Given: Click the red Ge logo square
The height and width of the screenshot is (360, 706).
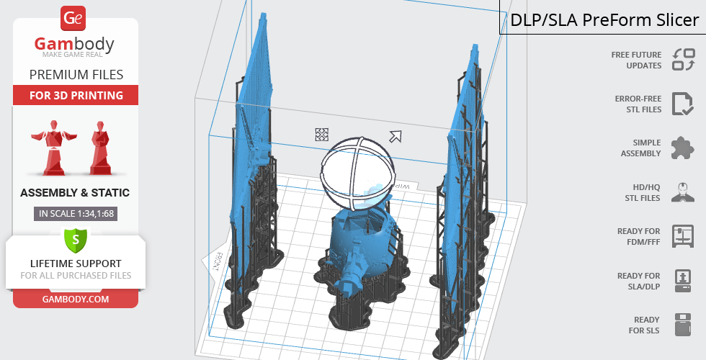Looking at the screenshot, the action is point(73,19).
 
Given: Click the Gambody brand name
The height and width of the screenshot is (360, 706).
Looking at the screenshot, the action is point(74,44).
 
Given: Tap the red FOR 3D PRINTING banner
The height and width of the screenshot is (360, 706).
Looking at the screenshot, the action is point(76,95).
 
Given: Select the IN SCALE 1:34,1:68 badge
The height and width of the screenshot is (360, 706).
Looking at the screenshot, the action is point(76,214).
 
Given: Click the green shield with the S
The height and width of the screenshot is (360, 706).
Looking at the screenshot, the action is point(76,239).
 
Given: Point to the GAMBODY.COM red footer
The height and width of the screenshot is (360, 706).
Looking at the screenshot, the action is point(76,300).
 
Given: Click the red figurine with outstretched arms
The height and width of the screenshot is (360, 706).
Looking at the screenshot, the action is point(53,148).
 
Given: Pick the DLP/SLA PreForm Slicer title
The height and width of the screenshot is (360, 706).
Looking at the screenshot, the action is point(604,20).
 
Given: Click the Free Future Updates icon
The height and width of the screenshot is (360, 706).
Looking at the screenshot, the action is point(684,60).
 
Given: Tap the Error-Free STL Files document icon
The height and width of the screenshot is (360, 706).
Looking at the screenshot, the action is point(683,104).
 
